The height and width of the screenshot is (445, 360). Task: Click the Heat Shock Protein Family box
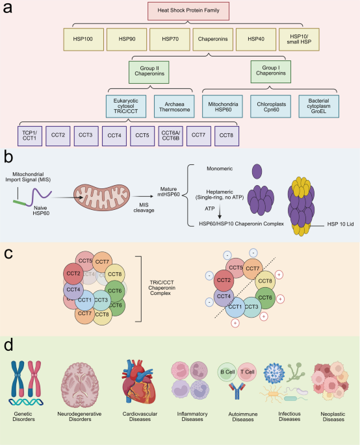(x=188, y=11)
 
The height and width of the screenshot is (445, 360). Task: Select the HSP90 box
(x=127, y=39)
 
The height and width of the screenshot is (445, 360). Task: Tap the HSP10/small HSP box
(x=299, y=39)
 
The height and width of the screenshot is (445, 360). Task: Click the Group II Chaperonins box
(x=149, y=72)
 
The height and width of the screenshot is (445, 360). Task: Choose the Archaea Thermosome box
(x=174, y=107)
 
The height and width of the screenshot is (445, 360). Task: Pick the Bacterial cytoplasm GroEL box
(x=318, y=107)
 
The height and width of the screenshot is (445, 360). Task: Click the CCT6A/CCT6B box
(x=171, y=136)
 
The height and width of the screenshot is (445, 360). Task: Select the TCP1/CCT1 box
(x=30, y=136)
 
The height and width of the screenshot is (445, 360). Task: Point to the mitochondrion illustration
(x=101, y=197)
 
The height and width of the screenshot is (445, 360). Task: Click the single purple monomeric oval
(x=257, y=172)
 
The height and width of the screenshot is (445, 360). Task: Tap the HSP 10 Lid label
(x=341, y=224)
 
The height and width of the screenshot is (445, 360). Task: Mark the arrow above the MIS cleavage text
(x=143, y=196)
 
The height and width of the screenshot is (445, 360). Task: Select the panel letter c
(x=8, y=253)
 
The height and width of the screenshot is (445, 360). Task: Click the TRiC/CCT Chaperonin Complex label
(x=162, y=288)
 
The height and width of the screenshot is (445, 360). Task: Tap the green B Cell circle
(x=227, y=372)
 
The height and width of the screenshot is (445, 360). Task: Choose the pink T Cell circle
(x=248, y=372)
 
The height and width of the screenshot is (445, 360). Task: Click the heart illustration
(x=139, y=382)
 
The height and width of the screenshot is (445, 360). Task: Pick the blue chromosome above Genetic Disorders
(x=18, y=379)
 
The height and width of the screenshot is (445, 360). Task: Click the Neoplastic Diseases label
(x=333, y=416)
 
